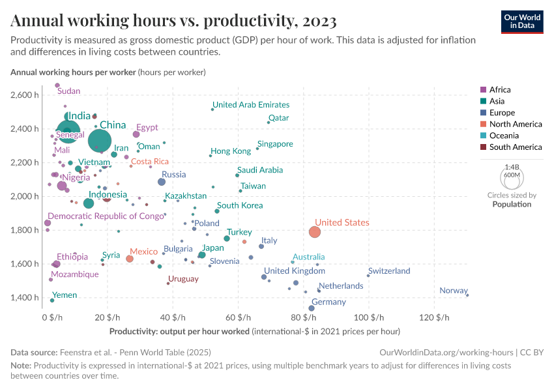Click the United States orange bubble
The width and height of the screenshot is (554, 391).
(x=315, y=232)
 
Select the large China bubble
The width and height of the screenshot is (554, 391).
(x=100, y=140)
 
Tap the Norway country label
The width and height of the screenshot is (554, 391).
(x=453, y=291)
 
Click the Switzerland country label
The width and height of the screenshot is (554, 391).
(x=389, y=271)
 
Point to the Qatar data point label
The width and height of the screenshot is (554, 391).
(x=278, y=118)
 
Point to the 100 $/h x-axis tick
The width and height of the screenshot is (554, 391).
(x=368, y=317)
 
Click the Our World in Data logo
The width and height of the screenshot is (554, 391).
(x=522, y=21)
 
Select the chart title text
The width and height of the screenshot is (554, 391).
(x=173, y=21)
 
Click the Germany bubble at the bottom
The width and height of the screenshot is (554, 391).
(x=312, y=308)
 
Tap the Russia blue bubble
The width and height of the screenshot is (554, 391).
(x=162, y=182)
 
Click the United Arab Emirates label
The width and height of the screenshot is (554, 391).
(x=251, y=104)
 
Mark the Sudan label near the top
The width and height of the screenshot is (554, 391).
(x=68, y=91)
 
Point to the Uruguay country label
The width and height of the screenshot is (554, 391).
(x=183, y=278)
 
